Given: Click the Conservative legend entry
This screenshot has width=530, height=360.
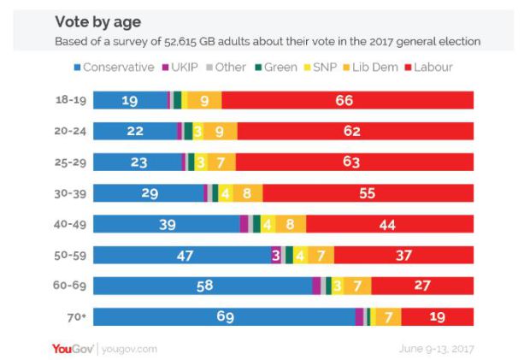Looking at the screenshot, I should click(115, 67).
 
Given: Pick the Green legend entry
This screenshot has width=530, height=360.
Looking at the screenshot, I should click(274, 67).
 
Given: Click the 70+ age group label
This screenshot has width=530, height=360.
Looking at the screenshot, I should click(76, 316).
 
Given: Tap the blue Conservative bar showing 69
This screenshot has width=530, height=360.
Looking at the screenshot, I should click(224, 316).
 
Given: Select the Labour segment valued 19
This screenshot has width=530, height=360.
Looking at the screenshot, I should click(437, 316).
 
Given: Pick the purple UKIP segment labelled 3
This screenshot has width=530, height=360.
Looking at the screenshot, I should click(276, 255).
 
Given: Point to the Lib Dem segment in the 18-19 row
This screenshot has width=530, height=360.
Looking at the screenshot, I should click(205, 101).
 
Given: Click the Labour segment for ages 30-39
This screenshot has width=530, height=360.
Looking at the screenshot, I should click(368, 193).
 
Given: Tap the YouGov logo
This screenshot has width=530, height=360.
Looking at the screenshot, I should click(74, 349).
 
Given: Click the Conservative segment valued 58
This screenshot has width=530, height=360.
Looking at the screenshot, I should click(203, 286).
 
